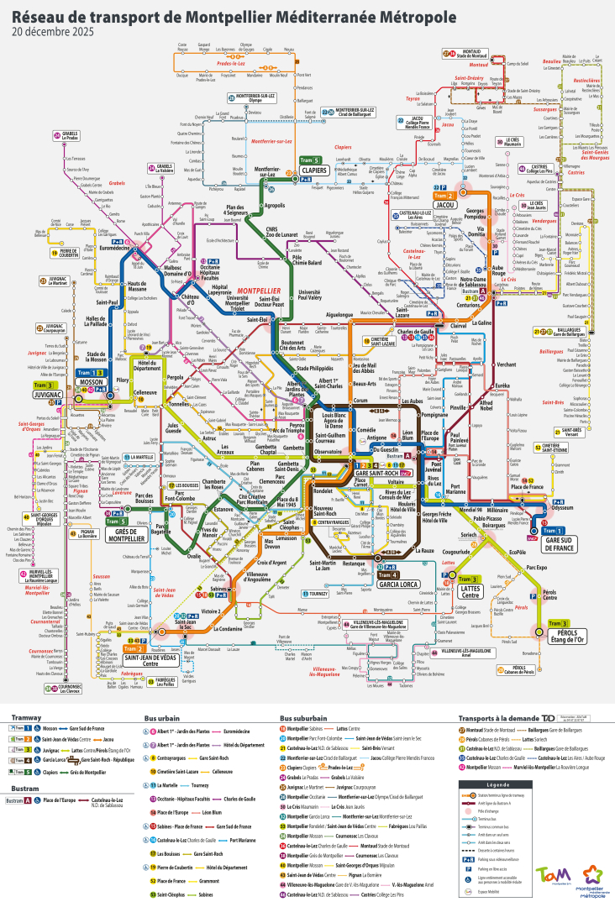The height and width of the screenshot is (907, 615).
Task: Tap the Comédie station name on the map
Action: tap(367, 429)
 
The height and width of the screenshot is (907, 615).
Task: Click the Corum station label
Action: tap(360, 400)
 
